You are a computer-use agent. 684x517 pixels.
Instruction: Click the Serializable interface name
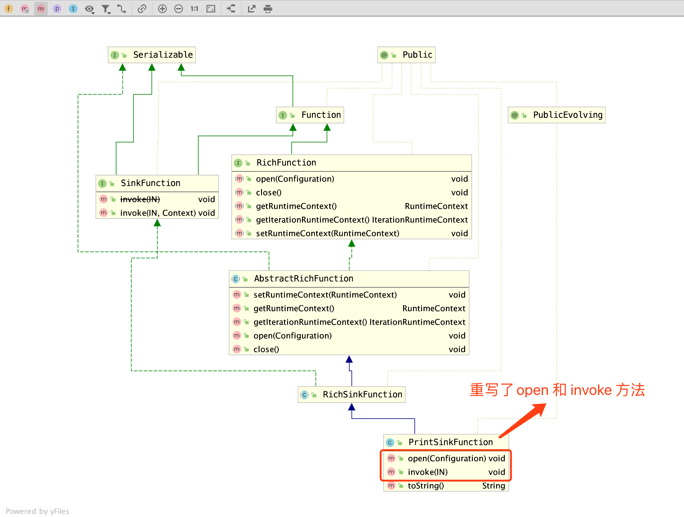[163, 55]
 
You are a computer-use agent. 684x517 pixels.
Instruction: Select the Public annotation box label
[417, 55]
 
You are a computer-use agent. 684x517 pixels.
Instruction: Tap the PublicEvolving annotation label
[568, 115]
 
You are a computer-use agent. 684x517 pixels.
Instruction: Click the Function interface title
[321, 115]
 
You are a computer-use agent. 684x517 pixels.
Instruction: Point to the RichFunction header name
[286, 163]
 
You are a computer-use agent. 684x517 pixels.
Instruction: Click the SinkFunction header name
[150, 183]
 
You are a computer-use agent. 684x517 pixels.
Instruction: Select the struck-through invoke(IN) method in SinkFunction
[140, 199]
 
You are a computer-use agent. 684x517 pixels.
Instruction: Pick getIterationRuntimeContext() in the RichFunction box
[313, 220]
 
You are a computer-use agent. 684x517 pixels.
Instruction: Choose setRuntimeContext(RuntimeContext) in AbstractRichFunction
[325, 295]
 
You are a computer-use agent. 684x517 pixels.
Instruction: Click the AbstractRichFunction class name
[304, 279]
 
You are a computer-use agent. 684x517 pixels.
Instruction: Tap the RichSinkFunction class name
[362, 395]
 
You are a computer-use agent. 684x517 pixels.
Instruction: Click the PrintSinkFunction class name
[451, 442]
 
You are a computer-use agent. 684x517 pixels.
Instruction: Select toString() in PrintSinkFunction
[426, 486]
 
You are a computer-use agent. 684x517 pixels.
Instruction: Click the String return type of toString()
[493, 486]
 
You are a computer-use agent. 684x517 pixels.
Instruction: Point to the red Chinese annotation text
[557, 390]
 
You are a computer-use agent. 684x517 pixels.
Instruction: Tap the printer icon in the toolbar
[268, 9]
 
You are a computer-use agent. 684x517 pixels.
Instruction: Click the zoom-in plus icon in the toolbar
[162, 9]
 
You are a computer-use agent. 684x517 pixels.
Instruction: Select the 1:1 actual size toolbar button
[194, 9]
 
